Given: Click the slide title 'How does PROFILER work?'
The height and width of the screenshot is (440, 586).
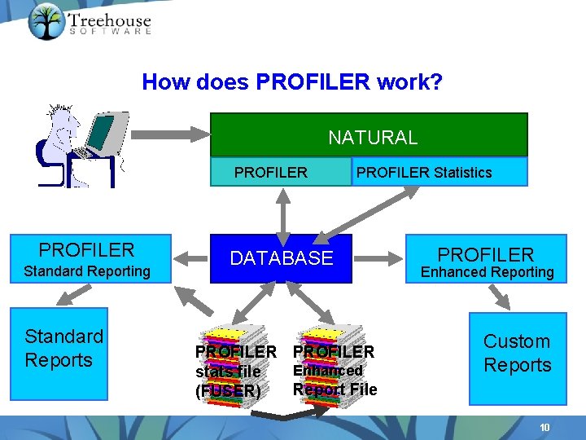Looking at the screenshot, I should coord(291,82).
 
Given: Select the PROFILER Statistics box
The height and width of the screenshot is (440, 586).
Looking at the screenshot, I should coord(439,172).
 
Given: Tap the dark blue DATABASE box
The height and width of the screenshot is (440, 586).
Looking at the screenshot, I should coord(281,258).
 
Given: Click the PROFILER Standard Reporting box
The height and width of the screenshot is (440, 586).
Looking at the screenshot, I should coord(90,259).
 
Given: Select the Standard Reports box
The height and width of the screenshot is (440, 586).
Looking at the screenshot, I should coord(59,350).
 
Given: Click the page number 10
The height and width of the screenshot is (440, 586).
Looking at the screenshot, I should coord(544,428).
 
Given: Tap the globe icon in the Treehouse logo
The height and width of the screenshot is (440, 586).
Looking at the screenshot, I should coord(46,21).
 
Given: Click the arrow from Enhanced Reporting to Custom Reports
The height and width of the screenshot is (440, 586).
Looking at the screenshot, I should coord(498,297).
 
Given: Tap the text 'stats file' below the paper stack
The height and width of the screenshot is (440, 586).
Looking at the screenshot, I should coord(228,372).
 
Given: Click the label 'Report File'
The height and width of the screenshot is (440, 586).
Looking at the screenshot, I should coord(335,389).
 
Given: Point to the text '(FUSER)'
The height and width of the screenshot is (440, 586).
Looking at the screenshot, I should coord(228,391).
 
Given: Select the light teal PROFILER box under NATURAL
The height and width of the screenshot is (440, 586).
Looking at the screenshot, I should coord(271,172).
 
